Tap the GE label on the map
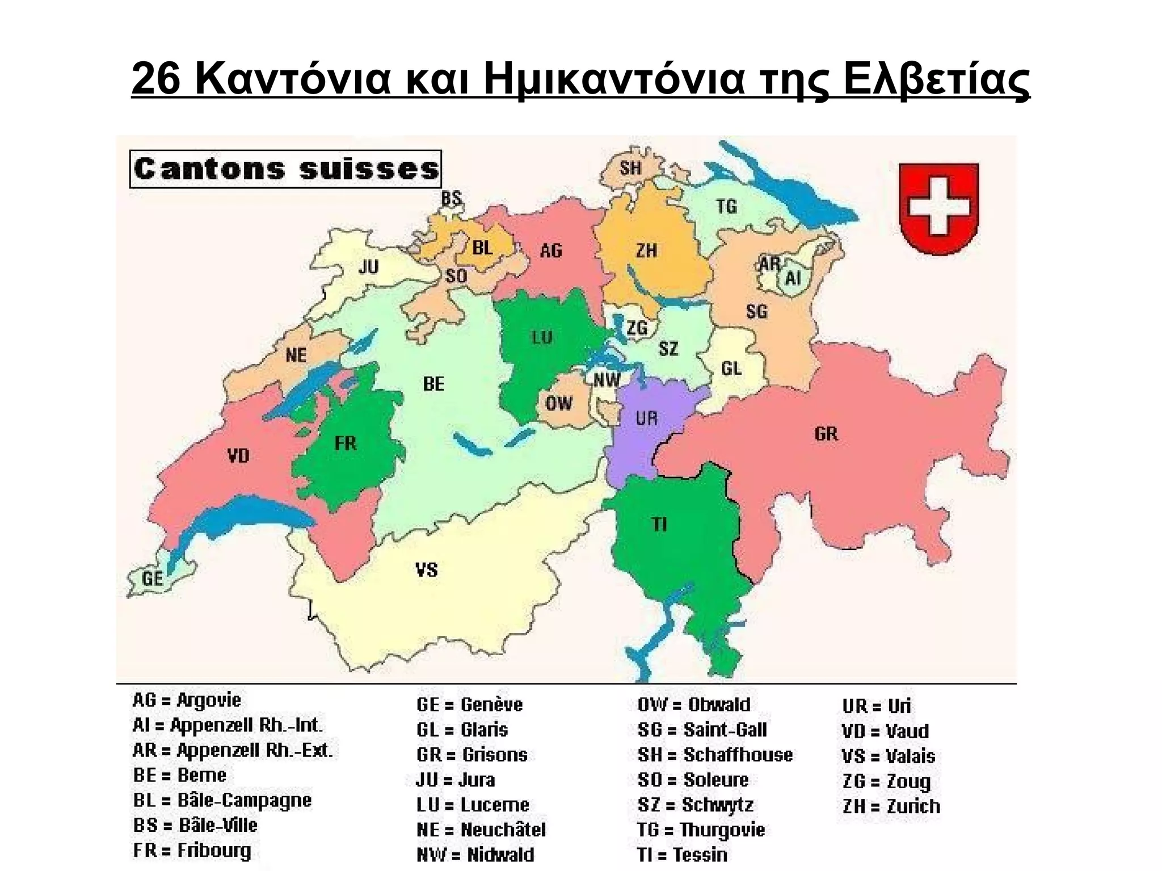(153, 578)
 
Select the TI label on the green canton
(659, 524)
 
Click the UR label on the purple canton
(646, 418)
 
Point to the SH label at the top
(630, 168)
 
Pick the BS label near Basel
(452, 198)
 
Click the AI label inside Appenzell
(793, 278)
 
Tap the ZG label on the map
(637, 328)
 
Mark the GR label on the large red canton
(826, 434)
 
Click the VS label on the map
(427, 569)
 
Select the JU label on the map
(368, 267)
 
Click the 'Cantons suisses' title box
(285, 169)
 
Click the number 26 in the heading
(156, 79)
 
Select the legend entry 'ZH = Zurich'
(891, 806)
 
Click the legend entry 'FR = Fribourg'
(192, 851)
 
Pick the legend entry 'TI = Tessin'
(681, 855)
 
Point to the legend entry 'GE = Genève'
(469, 705)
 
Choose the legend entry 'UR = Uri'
(876, 706)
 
